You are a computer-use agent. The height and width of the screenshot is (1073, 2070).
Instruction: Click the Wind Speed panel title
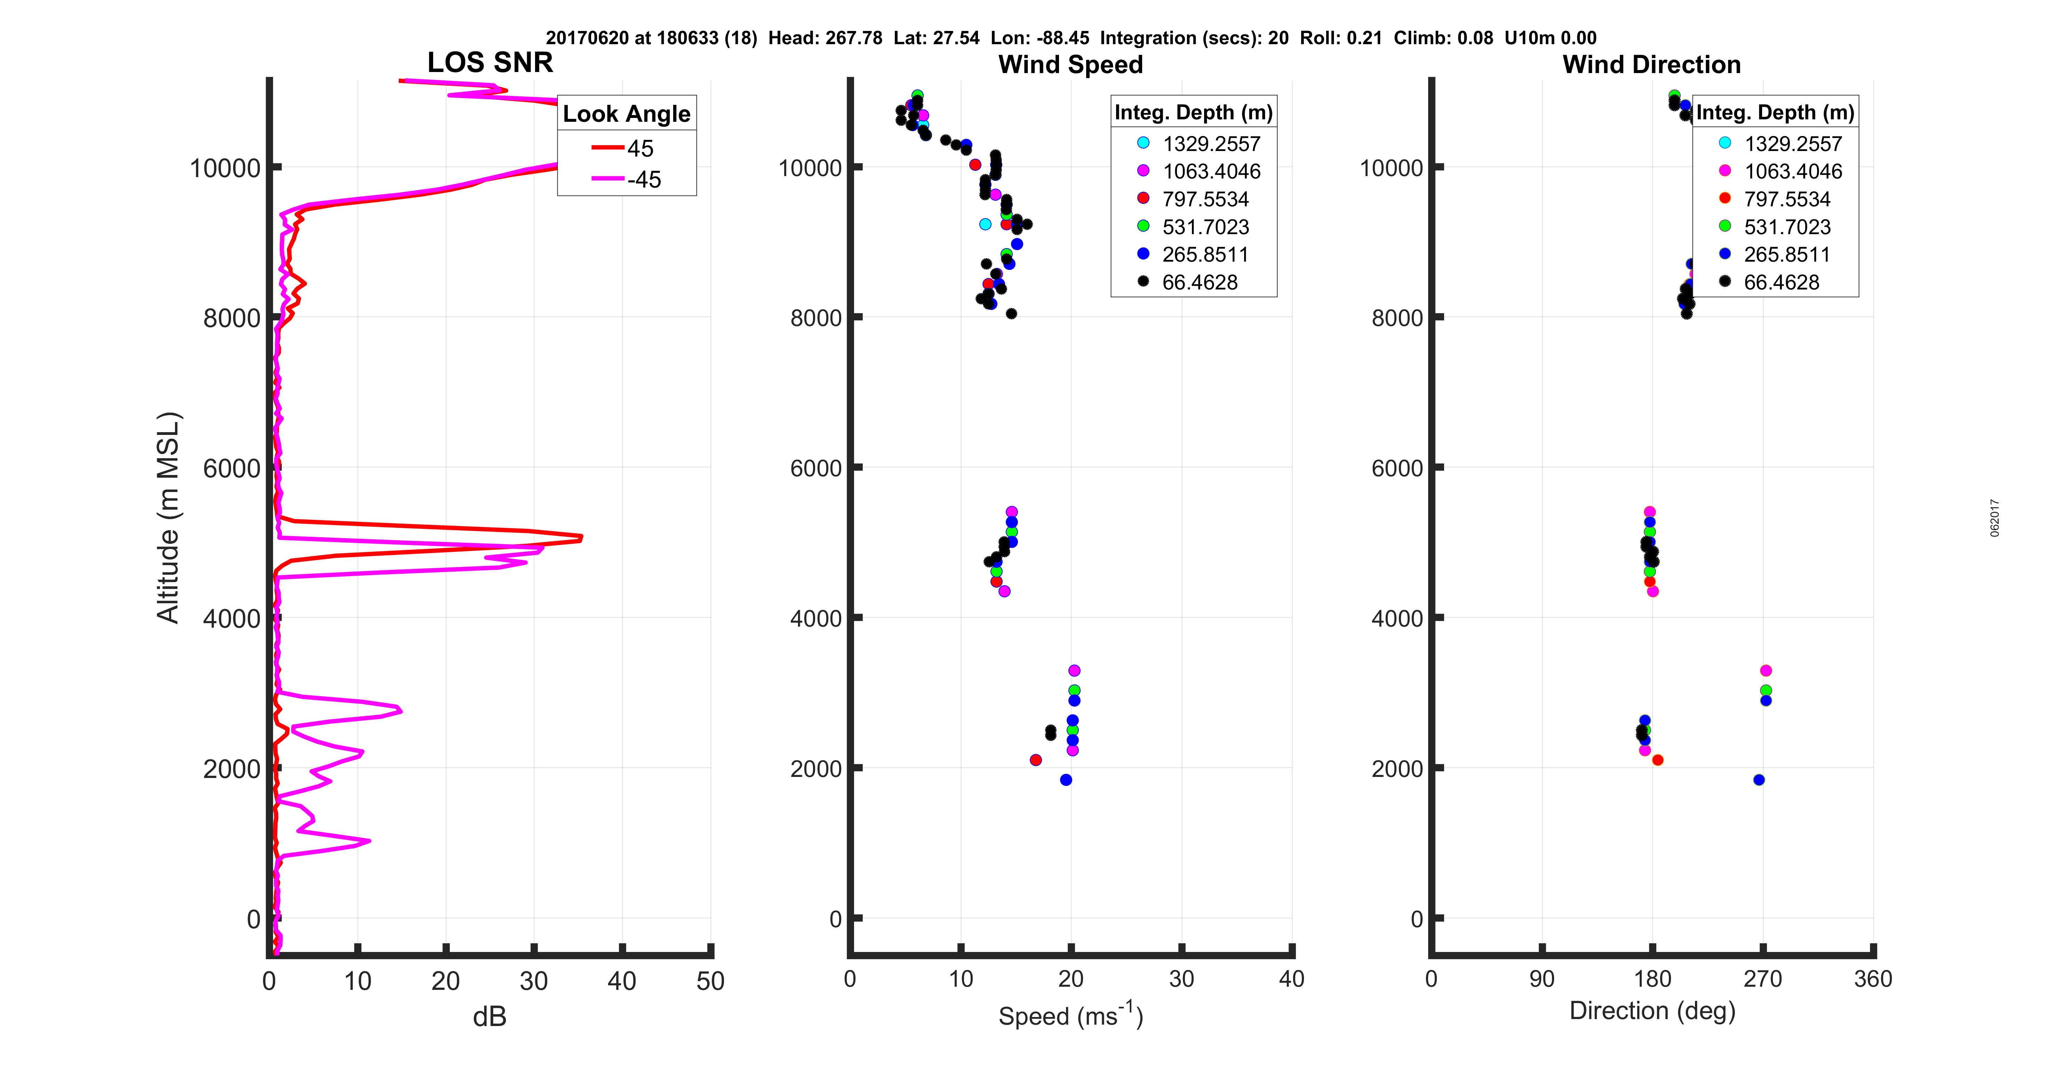coord(1070,64)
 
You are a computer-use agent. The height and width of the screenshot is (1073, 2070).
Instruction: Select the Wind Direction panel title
coord(1651,64)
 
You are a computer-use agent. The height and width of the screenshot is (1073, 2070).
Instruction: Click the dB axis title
coord(489,1017)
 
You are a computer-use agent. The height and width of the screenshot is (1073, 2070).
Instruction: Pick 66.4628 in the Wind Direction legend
coord(1781,282)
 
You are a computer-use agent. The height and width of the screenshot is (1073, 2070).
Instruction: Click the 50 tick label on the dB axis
coord(710,980)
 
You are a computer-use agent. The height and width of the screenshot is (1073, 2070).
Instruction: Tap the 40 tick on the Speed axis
coord(1291,979)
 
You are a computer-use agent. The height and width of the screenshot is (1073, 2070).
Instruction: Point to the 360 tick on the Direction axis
coord(1872,979)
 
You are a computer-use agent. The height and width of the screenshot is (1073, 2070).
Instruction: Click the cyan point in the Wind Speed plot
coord(985,224)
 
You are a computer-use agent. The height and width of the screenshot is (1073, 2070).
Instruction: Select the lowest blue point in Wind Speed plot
coord(1066,780)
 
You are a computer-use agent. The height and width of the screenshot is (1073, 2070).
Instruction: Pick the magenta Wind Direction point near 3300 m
coord(1766,670)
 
